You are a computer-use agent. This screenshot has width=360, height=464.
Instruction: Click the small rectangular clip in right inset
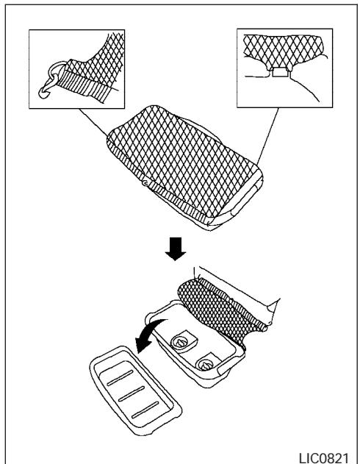point(281,72)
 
